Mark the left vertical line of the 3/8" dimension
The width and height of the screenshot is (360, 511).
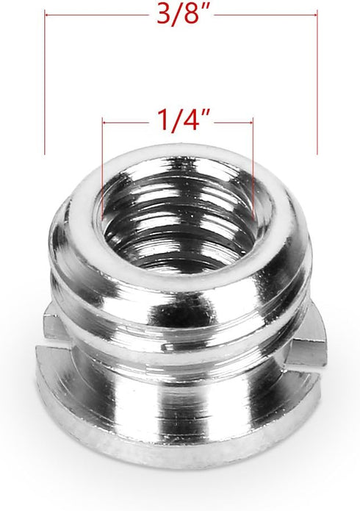[46, 81]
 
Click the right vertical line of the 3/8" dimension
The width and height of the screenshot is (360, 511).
[317, 81]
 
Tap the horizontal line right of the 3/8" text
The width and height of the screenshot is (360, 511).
[264, 13]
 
